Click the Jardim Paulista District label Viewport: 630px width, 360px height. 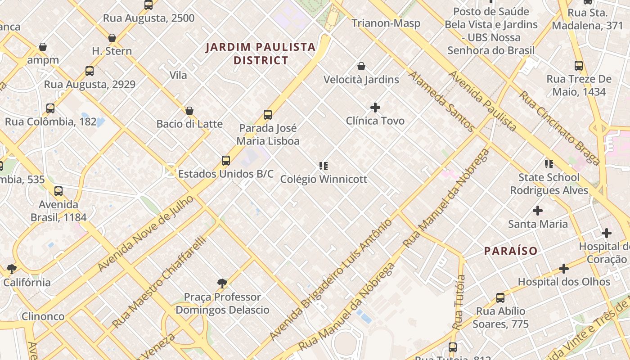tap(261, 54)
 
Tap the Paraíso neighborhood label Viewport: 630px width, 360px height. tap(511, 251)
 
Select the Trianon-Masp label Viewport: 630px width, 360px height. tap(386, 23)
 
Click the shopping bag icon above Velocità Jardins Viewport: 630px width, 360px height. tap(361, 67)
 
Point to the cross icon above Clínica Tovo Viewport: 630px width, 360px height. tap(375, 108)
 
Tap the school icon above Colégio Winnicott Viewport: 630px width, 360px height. tap(323, 166)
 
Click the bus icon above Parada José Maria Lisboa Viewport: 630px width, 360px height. tap(268, 115)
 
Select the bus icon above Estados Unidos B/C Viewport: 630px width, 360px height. tap(226, 161)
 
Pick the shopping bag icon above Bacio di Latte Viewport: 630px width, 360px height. tap(189, 111)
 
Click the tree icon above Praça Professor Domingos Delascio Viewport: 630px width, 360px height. tap(222, 283)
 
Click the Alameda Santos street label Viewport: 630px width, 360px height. tap(441, 101)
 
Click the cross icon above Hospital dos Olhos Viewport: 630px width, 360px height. tap(563, 269)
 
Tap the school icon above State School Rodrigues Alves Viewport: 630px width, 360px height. tap(549, 164)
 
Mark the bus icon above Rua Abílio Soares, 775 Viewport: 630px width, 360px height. tap(500, 298)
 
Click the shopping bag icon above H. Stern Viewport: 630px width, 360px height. tap(112, 38)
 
